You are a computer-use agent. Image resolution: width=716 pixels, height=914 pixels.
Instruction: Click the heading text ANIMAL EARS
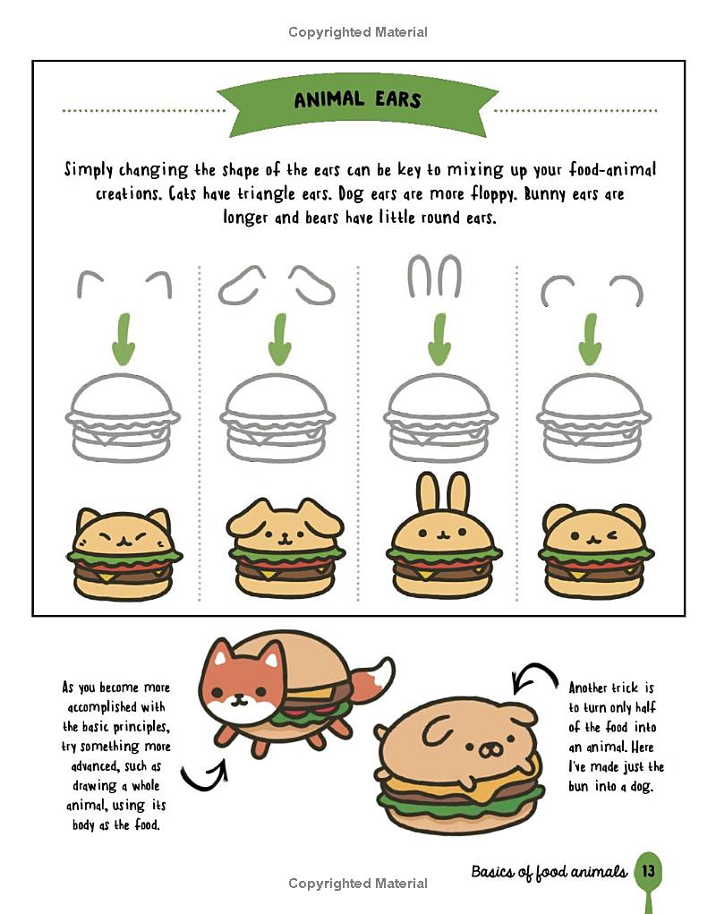(357, 99)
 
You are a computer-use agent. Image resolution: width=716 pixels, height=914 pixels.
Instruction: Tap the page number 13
(648, 870)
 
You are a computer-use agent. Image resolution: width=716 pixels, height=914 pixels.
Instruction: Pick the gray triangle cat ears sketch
(124, 284)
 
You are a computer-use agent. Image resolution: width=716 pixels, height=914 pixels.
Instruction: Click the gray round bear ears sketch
(592, 290)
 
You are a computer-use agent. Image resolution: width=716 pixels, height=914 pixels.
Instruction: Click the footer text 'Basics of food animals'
(549, 871)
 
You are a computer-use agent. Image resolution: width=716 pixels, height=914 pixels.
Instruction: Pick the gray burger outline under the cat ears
(123, 418)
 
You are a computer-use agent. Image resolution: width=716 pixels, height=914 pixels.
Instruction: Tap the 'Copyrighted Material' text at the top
(358, 32)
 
